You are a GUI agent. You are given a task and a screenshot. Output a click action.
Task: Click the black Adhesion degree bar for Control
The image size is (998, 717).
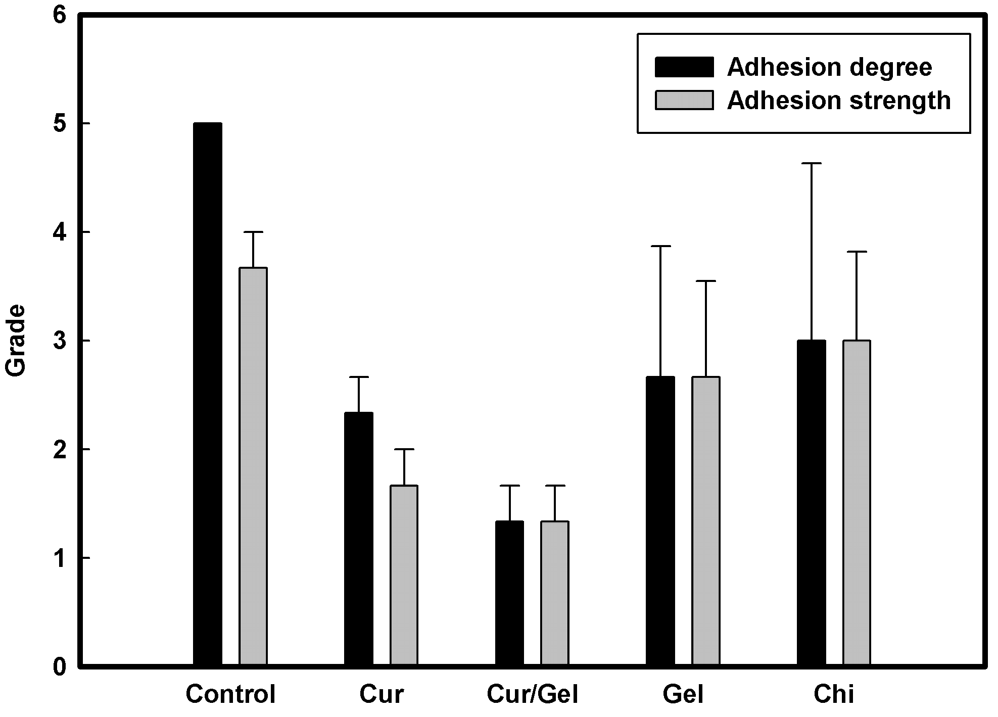(x=208, y=394)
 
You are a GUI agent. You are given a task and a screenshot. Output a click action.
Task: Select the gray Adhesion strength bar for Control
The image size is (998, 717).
(x=253, y=466)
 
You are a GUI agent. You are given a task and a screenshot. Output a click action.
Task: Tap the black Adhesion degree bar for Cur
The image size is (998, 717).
(x=359, y=539)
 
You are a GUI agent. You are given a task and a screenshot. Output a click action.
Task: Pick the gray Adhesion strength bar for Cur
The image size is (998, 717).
(x=404, y=575)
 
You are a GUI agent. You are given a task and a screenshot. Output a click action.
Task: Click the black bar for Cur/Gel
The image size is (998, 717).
(x=509, y=593)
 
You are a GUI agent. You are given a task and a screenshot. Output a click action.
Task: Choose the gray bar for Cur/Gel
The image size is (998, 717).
(x=555, y=593)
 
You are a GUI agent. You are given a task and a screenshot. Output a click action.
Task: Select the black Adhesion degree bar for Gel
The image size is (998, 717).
(x=660, y=521)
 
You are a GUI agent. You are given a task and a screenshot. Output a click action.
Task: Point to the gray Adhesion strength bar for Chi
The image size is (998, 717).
(x=857, y=503)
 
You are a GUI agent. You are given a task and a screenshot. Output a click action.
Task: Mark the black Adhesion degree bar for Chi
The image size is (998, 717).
(x=812, y=503)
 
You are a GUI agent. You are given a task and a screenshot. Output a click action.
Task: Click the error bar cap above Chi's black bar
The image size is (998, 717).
(x=812, y=163)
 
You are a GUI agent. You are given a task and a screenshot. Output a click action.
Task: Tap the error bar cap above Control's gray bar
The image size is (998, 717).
(x=253, y=231)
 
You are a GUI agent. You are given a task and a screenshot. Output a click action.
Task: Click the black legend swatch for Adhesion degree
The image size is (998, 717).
(x=684, y=67)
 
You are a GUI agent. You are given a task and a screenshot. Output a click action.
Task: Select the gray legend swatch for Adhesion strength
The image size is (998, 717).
(x=684, y=100)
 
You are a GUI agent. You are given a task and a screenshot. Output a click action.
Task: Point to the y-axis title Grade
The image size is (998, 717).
(x=16, y=340)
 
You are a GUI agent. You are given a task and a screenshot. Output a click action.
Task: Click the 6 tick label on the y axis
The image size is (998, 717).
(x=60, y=16)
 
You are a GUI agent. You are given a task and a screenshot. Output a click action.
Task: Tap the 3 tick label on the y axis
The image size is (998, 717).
(x=60, y=341)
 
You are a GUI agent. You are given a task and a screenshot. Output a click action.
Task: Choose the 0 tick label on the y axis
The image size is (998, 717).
(x=60, y=666)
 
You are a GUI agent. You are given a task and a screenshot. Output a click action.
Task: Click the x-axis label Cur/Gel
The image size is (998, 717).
(x=533, y=695)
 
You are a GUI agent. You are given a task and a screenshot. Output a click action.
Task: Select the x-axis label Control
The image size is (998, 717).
(x=230, y=695)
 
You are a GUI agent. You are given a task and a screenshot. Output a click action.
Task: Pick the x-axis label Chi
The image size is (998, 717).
(x=834, y=695)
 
